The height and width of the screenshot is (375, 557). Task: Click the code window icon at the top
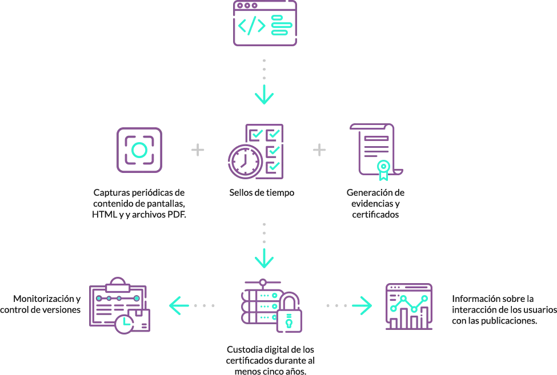pyautogui.click(x=265, y=23)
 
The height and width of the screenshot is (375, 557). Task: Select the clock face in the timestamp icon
pyautogui.click(x=245, y=162)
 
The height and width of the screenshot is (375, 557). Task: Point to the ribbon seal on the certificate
pyautogui.click(x=383, y=170)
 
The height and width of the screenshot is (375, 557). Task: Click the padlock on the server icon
pyautogui.click(x=289, y=312)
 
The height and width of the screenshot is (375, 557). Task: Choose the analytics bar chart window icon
pyautogui.click(x=409, y=307)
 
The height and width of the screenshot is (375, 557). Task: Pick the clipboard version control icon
pyautogui.click(x=119, y=305)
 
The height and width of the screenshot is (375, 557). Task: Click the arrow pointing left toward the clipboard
pyautogui.click(x=179, y=305)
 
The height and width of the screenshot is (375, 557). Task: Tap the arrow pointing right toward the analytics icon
pyautogui.click(x=362, y=305)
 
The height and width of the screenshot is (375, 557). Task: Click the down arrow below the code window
pyautogui.click(x=265, y=94)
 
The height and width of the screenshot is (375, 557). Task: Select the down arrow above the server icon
pyautogui.click(x=265, y=259)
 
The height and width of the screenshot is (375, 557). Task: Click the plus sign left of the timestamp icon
pyautogui.click(x=198, y=150)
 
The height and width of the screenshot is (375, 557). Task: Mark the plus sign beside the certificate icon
pyautogui.click(x=319, y=150)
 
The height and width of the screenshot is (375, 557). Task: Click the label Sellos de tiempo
pyautogui.click(x=262, y=193)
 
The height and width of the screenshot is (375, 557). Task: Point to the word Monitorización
pyautogui.click(x=43, y=299)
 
